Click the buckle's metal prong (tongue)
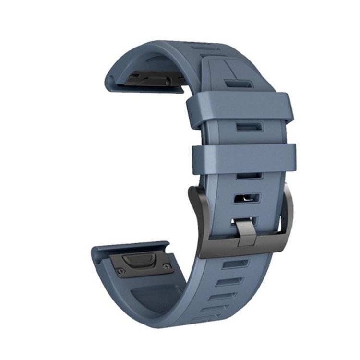tap(246, 232)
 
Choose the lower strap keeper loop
tap(244, 158)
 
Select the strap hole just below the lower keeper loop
tap(249, 175)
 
